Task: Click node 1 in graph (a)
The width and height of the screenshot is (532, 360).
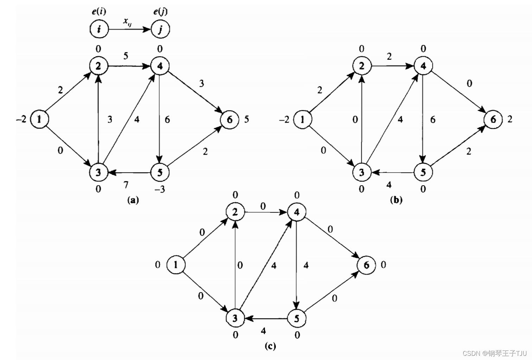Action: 39,119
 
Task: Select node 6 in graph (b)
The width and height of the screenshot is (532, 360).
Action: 493,120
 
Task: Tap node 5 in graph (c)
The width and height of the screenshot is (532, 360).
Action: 297,319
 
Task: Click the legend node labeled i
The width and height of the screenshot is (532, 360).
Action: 99,29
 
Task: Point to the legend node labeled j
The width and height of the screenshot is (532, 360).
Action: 160,29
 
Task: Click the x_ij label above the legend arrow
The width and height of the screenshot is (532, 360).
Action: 127,21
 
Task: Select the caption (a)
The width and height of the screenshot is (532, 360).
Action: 133,200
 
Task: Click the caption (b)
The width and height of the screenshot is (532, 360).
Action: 396,200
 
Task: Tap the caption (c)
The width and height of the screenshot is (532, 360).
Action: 270,346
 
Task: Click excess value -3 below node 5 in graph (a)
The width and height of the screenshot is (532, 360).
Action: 159,189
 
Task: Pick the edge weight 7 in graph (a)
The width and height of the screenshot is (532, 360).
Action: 126,185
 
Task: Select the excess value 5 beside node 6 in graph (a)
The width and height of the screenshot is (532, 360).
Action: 246,119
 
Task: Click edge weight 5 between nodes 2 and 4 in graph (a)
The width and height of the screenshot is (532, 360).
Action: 126,56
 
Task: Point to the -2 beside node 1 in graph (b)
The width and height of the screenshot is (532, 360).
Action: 284,120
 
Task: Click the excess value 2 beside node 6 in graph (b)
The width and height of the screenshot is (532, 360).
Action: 510,119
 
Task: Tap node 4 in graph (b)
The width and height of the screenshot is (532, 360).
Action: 423,66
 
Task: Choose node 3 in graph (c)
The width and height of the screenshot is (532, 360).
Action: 235,319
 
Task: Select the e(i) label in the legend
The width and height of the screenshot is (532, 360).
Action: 99,12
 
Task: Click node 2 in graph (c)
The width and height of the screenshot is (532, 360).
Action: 235,212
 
